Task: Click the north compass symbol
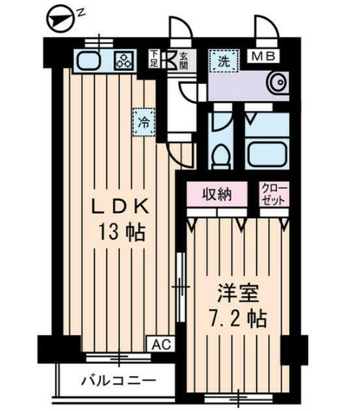[60, 19]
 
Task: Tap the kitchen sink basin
[89, 60]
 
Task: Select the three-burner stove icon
[124, 61]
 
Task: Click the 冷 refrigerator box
[144, 122]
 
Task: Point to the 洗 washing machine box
[224, 61]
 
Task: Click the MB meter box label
[263, 56]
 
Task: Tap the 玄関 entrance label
[184, 61]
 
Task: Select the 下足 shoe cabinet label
[154, 59]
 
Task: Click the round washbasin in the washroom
[278, 82]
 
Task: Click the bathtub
[266, 155]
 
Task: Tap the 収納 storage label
[217, 194]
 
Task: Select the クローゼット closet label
[274, 194]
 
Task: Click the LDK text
[120, 207]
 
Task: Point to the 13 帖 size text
[121, 233]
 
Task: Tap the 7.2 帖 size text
[238, 319]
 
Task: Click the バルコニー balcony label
[119, 379]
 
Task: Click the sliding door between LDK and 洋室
[181, 287]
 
